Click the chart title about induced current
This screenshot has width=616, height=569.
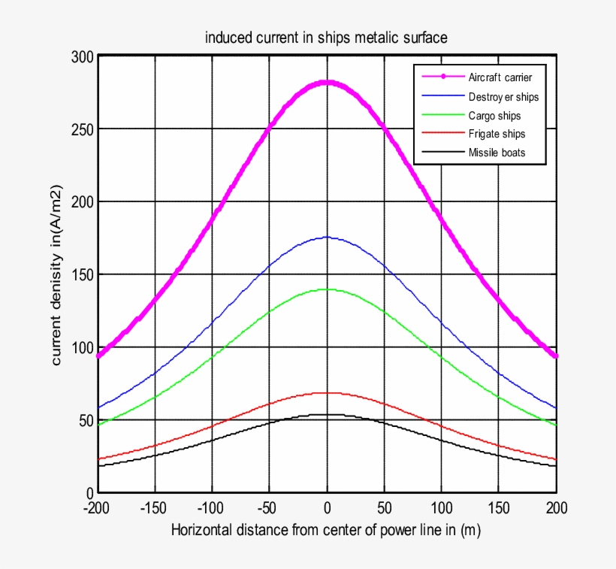coord(326,38)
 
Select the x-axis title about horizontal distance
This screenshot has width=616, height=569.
coord(326,530)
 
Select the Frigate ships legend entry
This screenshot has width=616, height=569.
coord(497,134)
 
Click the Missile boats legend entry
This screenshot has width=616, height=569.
coord(497,153)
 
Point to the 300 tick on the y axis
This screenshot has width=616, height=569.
coord(82,56)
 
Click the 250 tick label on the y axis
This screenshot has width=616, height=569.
coord(82,129)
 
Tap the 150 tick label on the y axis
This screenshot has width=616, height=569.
coord(82,274)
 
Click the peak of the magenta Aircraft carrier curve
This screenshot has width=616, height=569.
coord(327,82)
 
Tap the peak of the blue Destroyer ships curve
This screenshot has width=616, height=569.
coord(327,238)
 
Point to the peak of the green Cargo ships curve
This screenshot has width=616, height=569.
coord(327,289)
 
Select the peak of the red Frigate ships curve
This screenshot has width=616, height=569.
coord(327,392)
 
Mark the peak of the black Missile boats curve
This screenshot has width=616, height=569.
coord(327,414)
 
